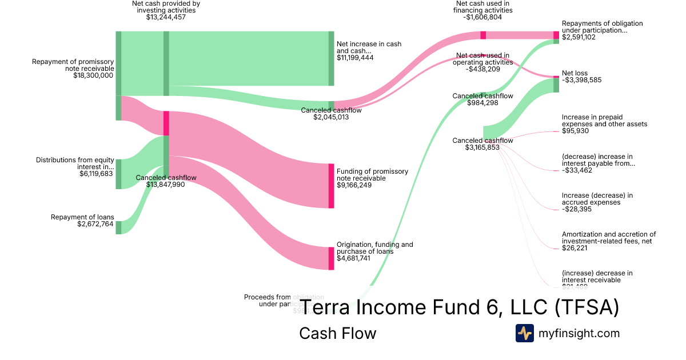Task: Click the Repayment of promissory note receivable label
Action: [73, 65]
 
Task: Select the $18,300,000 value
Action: [93, 75]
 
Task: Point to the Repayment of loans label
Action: [82, 217]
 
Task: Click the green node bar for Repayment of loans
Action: [119, 227]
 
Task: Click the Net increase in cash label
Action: [369, 47]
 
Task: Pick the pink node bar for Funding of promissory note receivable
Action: [331, 186]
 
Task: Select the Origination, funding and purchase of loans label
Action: [374, 248]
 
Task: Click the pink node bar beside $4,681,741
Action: [331, 258]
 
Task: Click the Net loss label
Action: [575, 73]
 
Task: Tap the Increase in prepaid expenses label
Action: [604, 120]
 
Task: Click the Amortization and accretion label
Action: [608, 237]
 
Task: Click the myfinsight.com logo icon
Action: [524, 333]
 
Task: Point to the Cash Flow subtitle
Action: [337, 333]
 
